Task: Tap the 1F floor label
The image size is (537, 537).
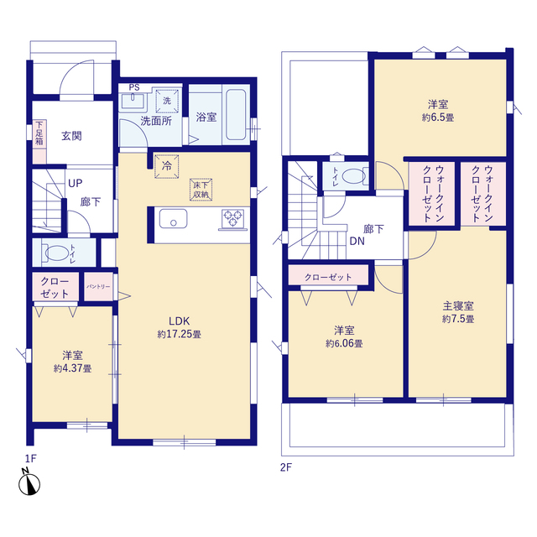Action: tap(30, 458)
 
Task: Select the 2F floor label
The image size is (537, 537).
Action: tap(286, 467)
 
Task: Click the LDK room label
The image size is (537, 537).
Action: tap(179, 321)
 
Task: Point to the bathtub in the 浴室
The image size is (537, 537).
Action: tap(236, 114)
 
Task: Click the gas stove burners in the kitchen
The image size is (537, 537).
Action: tap(233, 218)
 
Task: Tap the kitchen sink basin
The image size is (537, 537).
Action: tap(174, 218)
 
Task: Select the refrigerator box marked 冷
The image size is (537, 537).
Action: tap(167, 167)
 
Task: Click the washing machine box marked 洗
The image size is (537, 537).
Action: tap(167, 101)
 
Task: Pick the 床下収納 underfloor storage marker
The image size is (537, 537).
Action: tap(201, 190)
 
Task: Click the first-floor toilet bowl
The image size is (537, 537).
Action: tap(57, 253)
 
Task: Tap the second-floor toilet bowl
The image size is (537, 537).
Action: tap(354, 176)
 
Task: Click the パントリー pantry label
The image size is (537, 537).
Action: tap(98, 286)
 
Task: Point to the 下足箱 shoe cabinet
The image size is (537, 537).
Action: tap(39, 142)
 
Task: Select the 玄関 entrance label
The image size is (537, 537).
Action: tap(71, 136)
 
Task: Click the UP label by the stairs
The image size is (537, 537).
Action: tap(76, 183)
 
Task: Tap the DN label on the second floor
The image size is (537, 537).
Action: tap(357, 241)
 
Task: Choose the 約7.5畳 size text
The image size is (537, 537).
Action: tap(458, 319)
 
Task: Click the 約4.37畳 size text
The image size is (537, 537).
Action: tap(73, 368)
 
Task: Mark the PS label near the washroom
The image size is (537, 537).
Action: tap(134, 87)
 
